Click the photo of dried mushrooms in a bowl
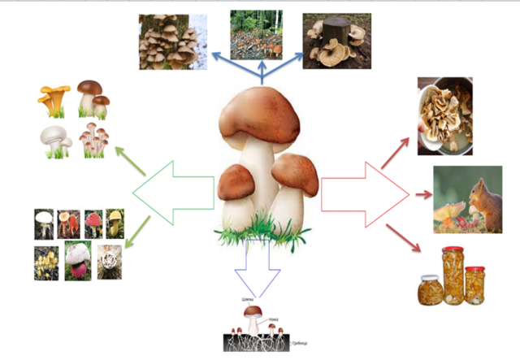coord(444,115)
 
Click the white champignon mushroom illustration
coord(54,139)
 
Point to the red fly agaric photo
coord(92,222)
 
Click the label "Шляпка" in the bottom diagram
coord(249,299)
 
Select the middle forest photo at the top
coord(256,35)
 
